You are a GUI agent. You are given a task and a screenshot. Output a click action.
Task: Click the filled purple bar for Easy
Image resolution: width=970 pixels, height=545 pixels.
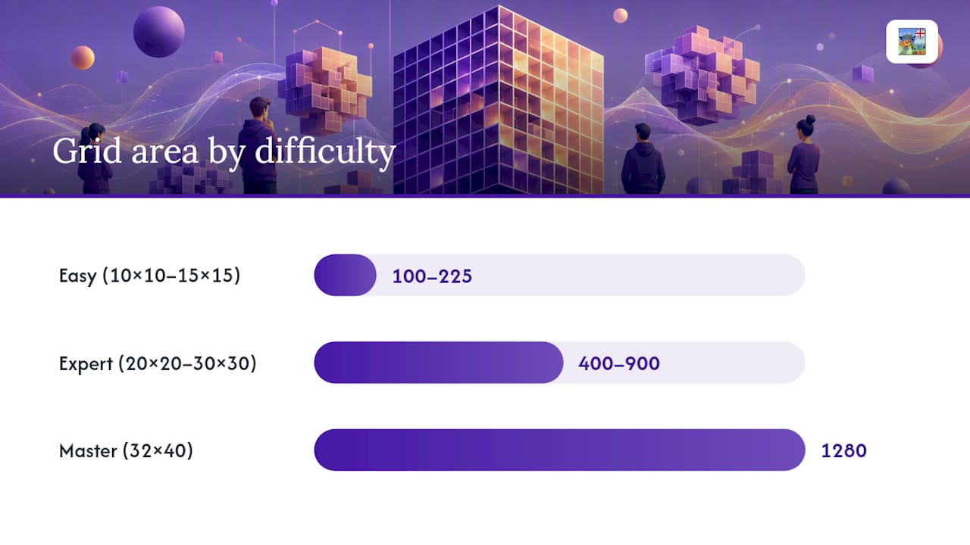[345, 275]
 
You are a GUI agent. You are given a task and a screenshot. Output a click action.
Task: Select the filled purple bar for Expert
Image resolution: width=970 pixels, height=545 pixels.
[439, 363]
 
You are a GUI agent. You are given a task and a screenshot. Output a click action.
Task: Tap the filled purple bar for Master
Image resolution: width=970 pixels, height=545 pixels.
[559, 450]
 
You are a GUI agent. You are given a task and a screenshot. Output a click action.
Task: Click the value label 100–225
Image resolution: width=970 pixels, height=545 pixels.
[432, 276]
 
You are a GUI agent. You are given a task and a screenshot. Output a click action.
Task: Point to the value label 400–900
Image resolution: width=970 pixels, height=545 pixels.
[619, 364]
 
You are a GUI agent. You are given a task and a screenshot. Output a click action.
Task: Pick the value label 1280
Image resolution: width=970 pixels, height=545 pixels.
[844, 451]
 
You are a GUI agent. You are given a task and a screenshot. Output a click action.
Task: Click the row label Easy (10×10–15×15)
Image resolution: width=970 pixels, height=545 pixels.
[149, 276]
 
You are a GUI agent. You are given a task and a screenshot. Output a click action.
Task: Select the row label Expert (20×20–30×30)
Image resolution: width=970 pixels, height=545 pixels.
[158, 363]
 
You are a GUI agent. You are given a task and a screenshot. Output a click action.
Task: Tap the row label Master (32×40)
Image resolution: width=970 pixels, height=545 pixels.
[126, 450]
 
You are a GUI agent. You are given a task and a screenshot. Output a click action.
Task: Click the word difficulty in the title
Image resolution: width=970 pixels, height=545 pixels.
[325, 151]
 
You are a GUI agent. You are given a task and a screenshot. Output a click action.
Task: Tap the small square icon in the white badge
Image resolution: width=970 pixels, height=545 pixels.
[912, 42]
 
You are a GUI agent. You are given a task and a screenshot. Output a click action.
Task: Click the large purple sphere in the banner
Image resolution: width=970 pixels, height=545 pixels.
[159, 32]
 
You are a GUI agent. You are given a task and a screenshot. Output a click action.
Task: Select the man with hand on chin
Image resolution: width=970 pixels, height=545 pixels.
[259, 145]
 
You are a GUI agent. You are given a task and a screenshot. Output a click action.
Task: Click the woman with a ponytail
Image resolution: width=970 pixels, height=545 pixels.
[95, 158]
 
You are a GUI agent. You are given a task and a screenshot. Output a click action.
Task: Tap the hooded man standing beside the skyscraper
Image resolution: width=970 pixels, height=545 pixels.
[643, 159]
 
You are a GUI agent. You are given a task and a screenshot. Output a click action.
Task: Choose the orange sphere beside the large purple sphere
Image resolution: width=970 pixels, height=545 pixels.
[83, 58]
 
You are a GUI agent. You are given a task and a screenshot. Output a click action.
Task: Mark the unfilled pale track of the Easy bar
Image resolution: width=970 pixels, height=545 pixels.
[590, 275]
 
